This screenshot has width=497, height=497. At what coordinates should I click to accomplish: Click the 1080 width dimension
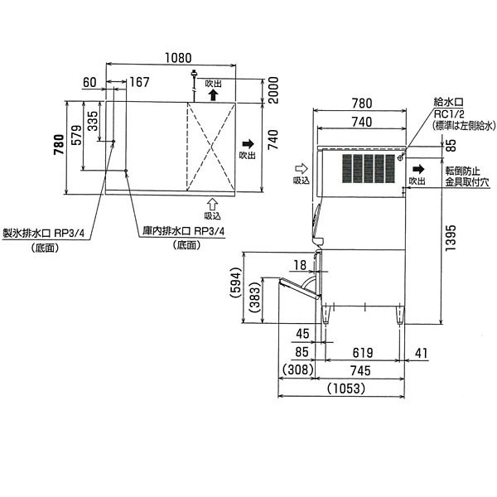coord(178,58)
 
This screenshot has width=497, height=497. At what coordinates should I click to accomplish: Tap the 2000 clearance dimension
coord(273,90)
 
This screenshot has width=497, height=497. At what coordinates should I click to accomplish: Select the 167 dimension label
coord(139,82)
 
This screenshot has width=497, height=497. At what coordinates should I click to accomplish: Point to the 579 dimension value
coord(76,135)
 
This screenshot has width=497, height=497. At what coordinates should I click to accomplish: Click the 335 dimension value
coord(93,121)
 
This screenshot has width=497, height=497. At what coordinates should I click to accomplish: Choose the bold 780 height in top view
coord(60,145)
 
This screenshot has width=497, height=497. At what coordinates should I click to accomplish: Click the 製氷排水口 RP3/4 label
coord(44,234)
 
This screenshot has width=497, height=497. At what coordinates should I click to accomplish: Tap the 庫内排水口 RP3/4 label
coord(183,231)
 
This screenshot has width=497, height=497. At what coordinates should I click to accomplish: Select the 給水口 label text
coord(448,102)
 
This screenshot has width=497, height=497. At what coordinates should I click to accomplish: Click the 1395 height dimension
coord(451,238)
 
